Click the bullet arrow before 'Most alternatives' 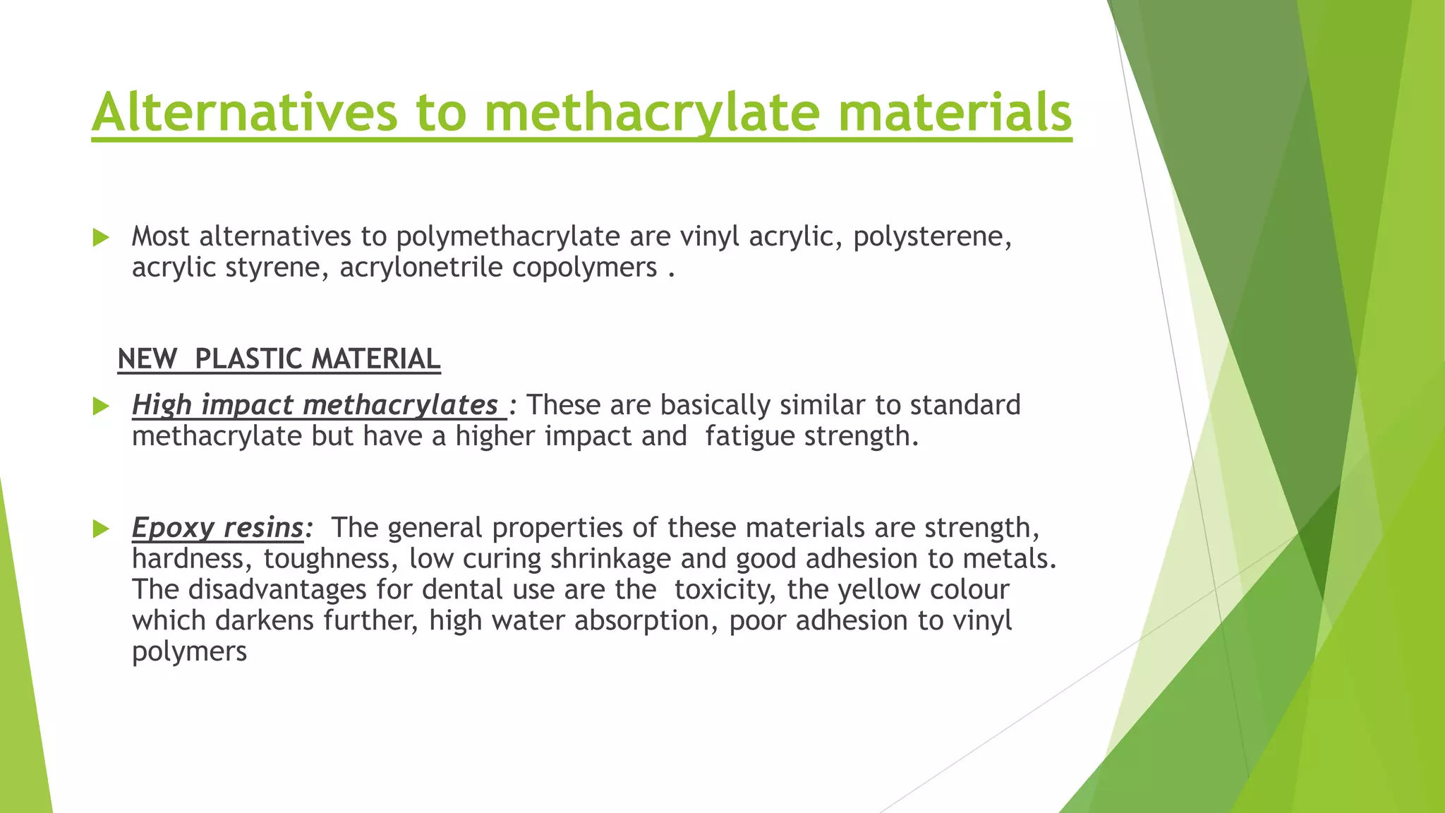pos(101,238)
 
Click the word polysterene pos(932,236)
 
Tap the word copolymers pos(584,267)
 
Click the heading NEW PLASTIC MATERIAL pos(279,359)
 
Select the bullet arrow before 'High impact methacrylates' pos(101,406)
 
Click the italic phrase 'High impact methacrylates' pos(315,405)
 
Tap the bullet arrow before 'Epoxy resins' pos(101,529)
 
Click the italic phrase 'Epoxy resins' pos(218,528)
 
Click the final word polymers pos(189,651)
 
